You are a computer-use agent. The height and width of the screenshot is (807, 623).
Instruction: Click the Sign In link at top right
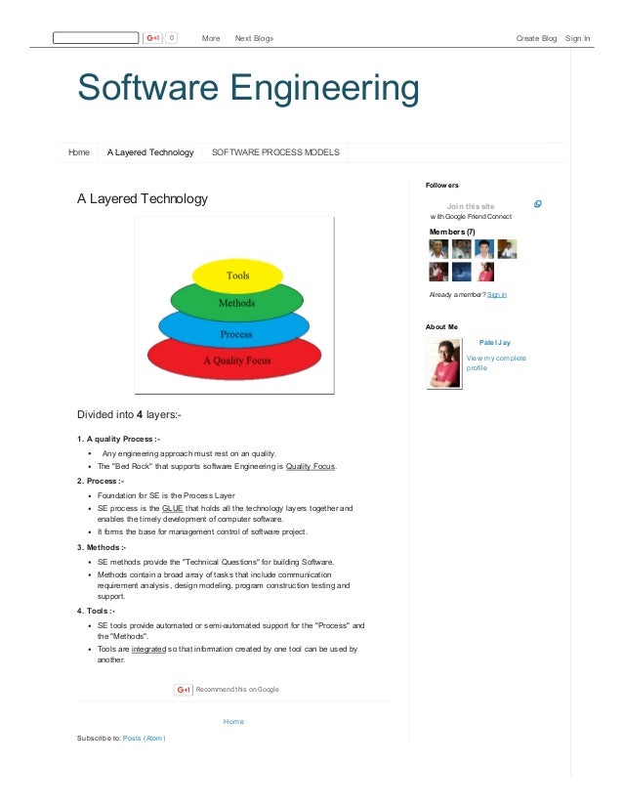(577, 38)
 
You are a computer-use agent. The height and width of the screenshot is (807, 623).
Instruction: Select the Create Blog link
(536, 38)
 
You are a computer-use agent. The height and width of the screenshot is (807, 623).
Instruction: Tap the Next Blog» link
(254, 38)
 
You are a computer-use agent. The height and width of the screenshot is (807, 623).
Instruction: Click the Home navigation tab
(79, 152)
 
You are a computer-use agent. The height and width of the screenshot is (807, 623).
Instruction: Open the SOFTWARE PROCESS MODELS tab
(275, 152)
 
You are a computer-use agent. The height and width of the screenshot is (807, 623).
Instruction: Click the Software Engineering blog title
(248, 89)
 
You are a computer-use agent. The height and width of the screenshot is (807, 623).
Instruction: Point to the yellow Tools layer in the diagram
(238, 276)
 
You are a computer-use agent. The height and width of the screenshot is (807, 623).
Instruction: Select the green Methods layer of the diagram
(236, 303)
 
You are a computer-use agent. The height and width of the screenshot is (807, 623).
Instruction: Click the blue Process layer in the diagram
(236, 333)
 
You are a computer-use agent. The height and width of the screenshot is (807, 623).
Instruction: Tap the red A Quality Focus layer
(237, 361)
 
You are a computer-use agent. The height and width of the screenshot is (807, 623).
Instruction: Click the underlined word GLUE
(172, 509)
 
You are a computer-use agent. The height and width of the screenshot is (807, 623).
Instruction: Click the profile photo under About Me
(443, 363)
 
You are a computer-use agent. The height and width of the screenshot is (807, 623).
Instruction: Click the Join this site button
(471, 206)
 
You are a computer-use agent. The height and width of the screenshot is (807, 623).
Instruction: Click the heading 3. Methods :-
(101, 547)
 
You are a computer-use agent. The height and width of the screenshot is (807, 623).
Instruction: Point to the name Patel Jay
(494, 343)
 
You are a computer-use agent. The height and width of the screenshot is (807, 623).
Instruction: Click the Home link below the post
(233, 721)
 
